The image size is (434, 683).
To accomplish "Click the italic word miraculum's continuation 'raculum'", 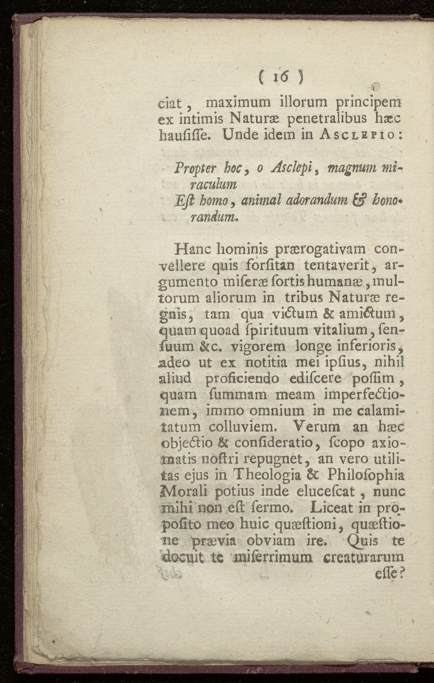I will (x=213, y=185).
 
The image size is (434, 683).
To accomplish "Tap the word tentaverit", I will (x=339, y=266).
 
